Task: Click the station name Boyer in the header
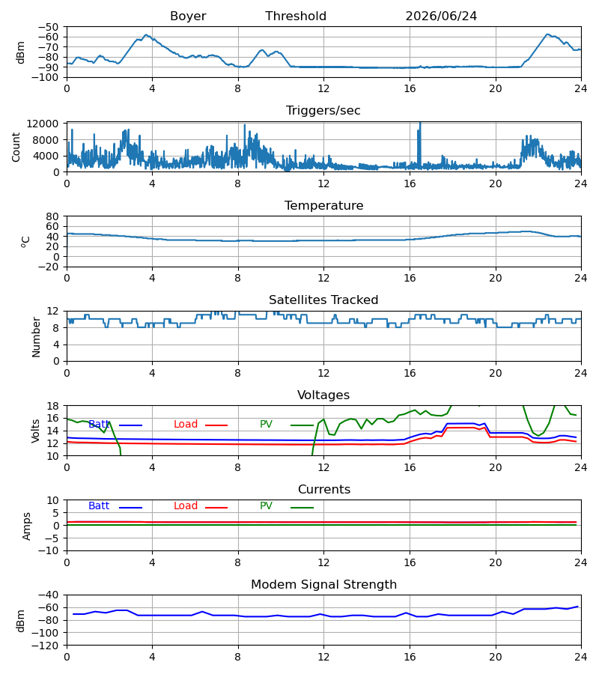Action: coord(188,16)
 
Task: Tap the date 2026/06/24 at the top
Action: coord(441,16)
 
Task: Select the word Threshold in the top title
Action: coord(296,16)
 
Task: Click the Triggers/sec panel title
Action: coord(323,111)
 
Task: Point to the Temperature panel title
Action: coord(323,205)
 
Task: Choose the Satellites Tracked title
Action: coord(323,300)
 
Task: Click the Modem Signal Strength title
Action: coord(323,585)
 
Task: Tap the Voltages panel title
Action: coord(323,395)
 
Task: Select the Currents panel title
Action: coord(324,490)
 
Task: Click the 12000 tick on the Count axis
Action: coord(43,124)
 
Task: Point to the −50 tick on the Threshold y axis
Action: coord(49,27)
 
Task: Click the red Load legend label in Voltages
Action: coord(186,425)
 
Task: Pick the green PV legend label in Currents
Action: coord(266,506)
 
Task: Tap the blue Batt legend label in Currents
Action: coord(99,506)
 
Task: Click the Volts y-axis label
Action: coord(35,431)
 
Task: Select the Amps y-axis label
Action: coord(27,526)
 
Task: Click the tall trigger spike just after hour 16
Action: coord(419,146)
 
